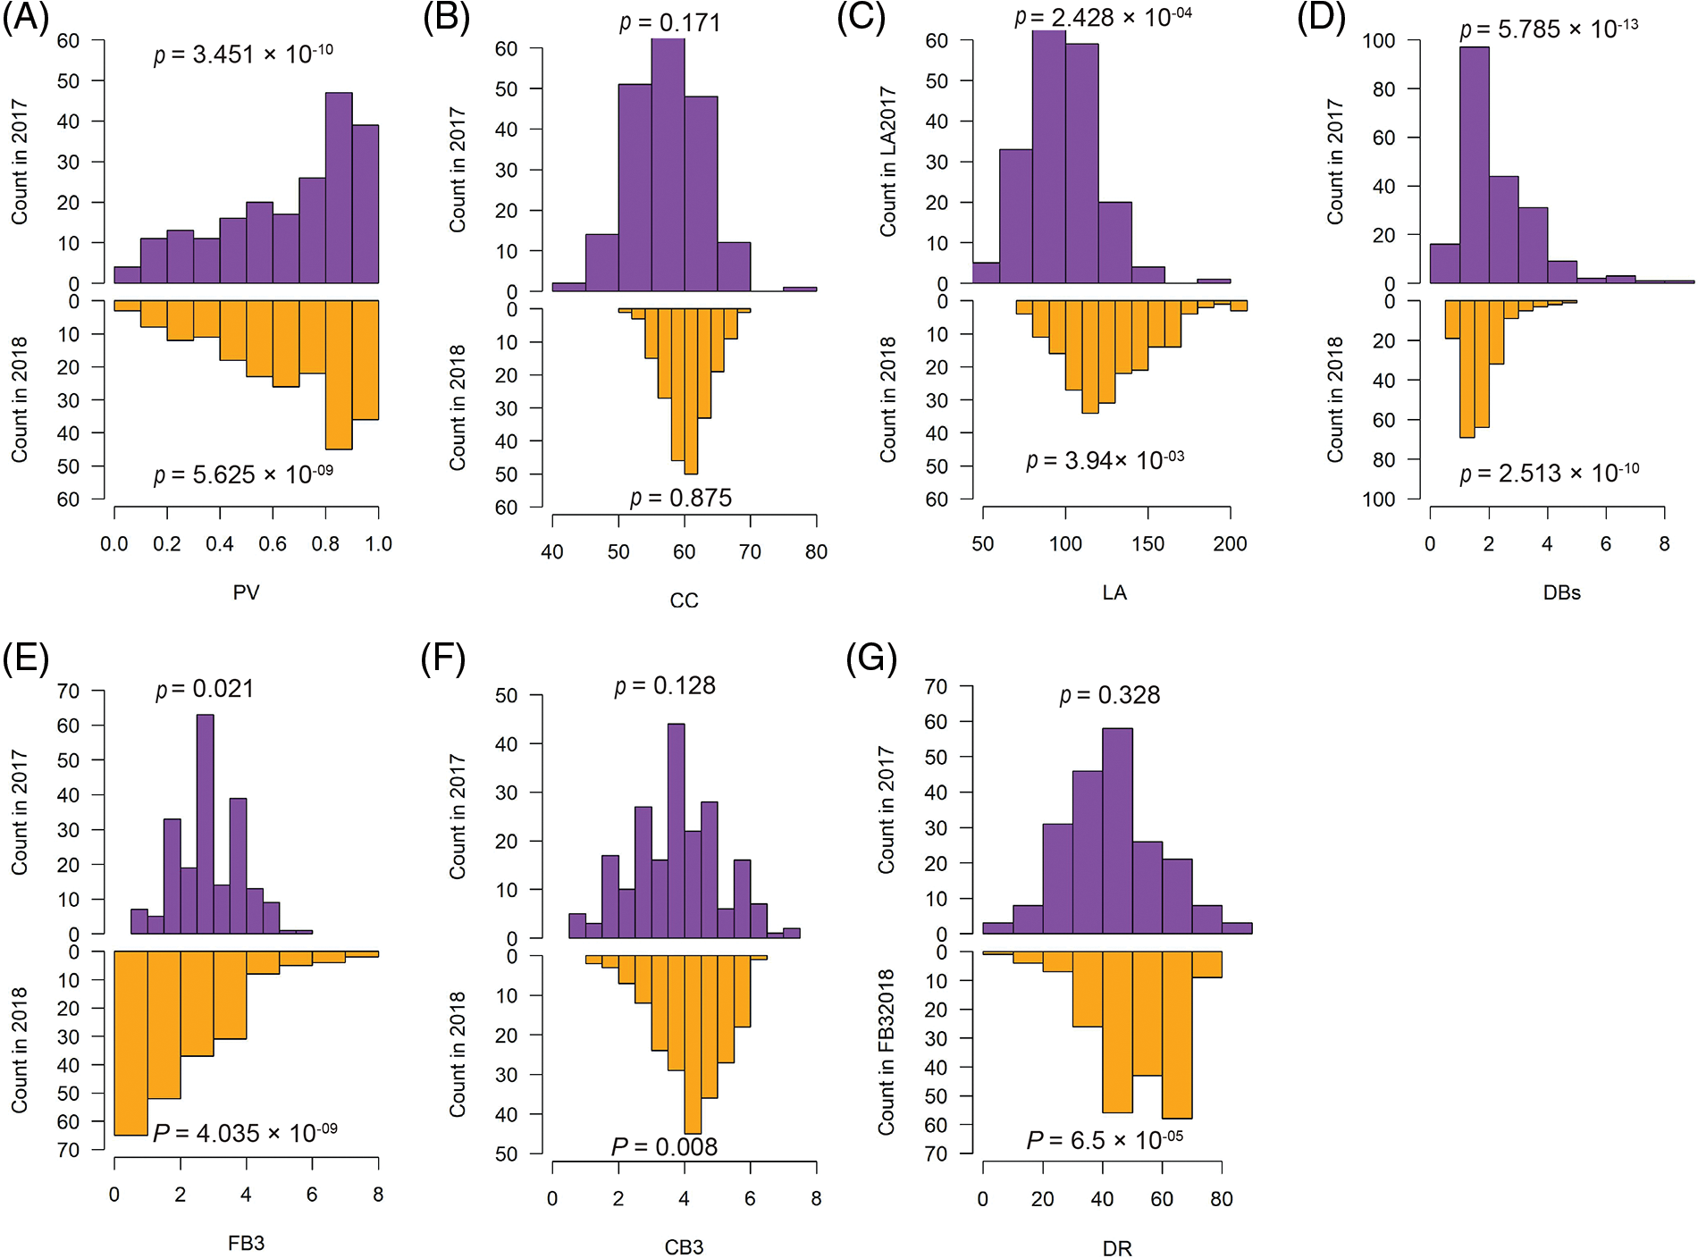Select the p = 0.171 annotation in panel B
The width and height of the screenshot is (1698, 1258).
670,22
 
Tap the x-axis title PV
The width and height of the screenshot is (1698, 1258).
246,592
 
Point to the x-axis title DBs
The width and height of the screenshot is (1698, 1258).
1561,592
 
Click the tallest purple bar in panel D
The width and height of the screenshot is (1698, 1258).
1474,165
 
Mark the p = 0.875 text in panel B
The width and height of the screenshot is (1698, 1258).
681,498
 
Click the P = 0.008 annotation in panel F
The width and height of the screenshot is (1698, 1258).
664,1146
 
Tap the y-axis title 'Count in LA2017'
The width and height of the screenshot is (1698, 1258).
887,162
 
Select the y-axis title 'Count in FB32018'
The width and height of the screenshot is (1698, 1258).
886,1052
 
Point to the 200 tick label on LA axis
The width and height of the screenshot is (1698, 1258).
1230,543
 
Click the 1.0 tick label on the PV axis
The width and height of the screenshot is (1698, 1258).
378,543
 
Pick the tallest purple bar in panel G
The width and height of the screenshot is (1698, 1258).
1117,831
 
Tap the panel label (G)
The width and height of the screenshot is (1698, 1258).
871,659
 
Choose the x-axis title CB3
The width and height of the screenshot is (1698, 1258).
684,1247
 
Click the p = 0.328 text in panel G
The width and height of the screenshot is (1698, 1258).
1110,695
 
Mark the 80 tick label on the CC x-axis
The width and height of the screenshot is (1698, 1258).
816,552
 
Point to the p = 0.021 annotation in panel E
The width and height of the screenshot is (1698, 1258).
205,689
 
